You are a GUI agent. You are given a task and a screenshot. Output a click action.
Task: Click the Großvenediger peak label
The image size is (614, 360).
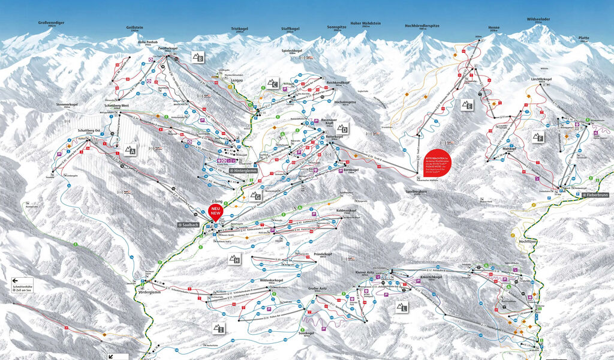(51, 23)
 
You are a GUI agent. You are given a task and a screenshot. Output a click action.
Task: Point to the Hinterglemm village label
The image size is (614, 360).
(244, 171)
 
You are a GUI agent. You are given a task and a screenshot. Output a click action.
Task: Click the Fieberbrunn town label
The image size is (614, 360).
(596, 196)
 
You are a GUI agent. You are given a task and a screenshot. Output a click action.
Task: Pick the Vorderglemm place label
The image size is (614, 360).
(151, 292)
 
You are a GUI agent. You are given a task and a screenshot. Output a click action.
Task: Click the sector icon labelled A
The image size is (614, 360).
(130, 150)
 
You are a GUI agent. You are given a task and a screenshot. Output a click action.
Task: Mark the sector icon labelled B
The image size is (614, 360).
(198, 58)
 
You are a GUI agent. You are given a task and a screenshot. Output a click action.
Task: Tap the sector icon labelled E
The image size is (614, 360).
(467, 105)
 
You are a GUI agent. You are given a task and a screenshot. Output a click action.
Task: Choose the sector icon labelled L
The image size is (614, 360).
(401, 307)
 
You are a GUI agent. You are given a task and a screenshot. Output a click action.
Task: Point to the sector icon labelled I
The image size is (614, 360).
(219, 328)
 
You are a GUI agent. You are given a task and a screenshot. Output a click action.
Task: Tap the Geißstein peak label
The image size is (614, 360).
(135, 27)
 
